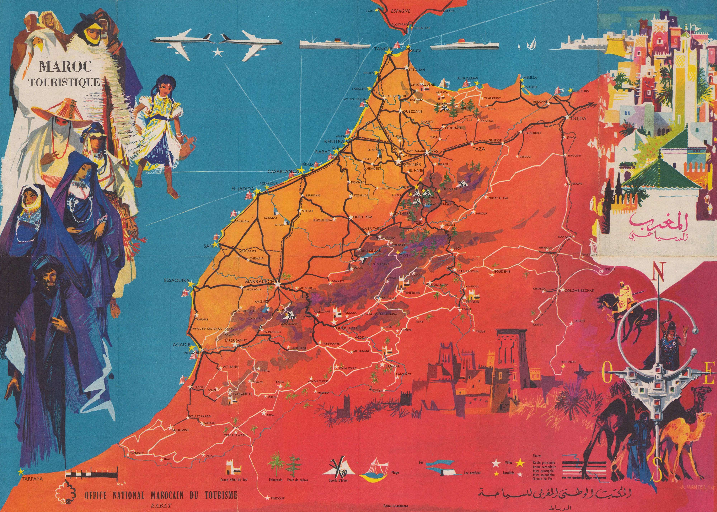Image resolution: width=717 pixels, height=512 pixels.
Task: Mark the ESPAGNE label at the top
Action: tap(400, 11)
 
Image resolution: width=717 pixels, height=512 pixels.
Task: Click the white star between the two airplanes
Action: tap(217, 53)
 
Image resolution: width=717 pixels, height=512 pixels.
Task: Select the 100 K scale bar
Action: tap(91, 475)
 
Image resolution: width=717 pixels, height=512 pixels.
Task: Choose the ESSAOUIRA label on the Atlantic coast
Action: tap(177, 280)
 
